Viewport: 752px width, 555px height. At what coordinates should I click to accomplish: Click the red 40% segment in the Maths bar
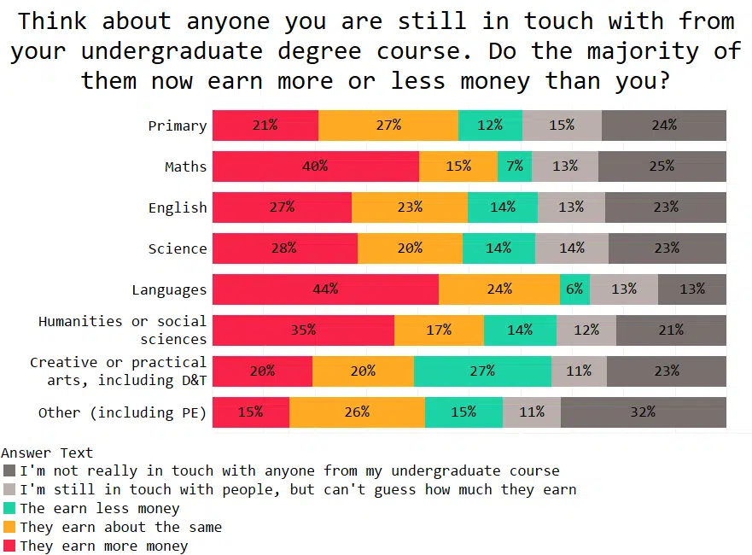click(x=315, y=166)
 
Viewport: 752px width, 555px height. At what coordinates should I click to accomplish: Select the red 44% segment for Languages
click(x=325, y=289)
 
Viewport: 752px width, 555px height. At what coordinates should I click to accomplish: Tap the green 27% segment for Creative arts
click(x=482, y=371)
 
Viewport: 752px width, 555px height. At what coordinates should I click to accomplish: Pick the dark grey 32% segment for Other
click(x=644, y=412)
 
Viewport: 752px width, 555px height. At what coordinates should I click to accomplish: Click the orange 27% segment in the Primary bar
click(x=388, y=126)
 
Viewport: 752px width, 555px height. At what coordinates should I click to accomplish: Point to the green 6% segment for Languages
click(x=574, y=289)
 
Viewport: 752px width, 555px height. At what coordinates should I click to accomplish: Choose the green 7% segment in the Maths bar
click(x=515, y=166)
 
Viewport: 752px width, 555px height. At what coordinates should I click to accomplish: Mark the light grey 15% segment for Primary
click(x=562, y=126)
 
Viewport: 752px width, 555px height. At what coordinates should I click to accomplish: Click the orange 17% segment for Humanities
click(x=439, y=330)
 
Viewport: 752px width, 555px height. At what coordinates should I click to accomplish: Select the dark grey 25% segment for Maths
click(x=662, y=166)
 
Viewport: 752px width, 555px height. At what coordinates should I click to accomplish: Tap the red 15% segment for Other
click(x=251, y=412)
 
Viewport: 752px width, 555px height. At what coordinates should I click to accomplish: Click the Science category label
click(x=178, y=248)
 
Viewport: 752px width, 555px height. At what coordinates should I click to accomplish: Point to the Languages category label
click(x=169, y=289)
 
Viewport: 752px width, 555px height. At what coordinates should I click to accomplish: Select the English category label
click(x=178, y=207)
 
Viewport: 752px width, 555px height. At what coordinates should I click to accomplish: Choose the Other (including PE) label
click(x=122, y=412)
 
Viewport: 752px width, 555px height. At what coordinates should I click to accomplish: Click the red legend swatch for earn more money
click(x=9, y=546)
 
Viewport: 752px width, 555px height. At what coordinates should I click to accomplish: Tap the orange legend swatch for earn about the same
click(x=9, y=527)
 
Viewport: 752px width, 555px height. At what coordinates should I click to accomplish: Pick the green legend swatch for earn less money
click(x=9, y=508)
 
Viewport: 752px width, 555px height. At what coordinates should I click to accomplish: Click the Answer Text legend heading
click(x=47, y=453)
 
